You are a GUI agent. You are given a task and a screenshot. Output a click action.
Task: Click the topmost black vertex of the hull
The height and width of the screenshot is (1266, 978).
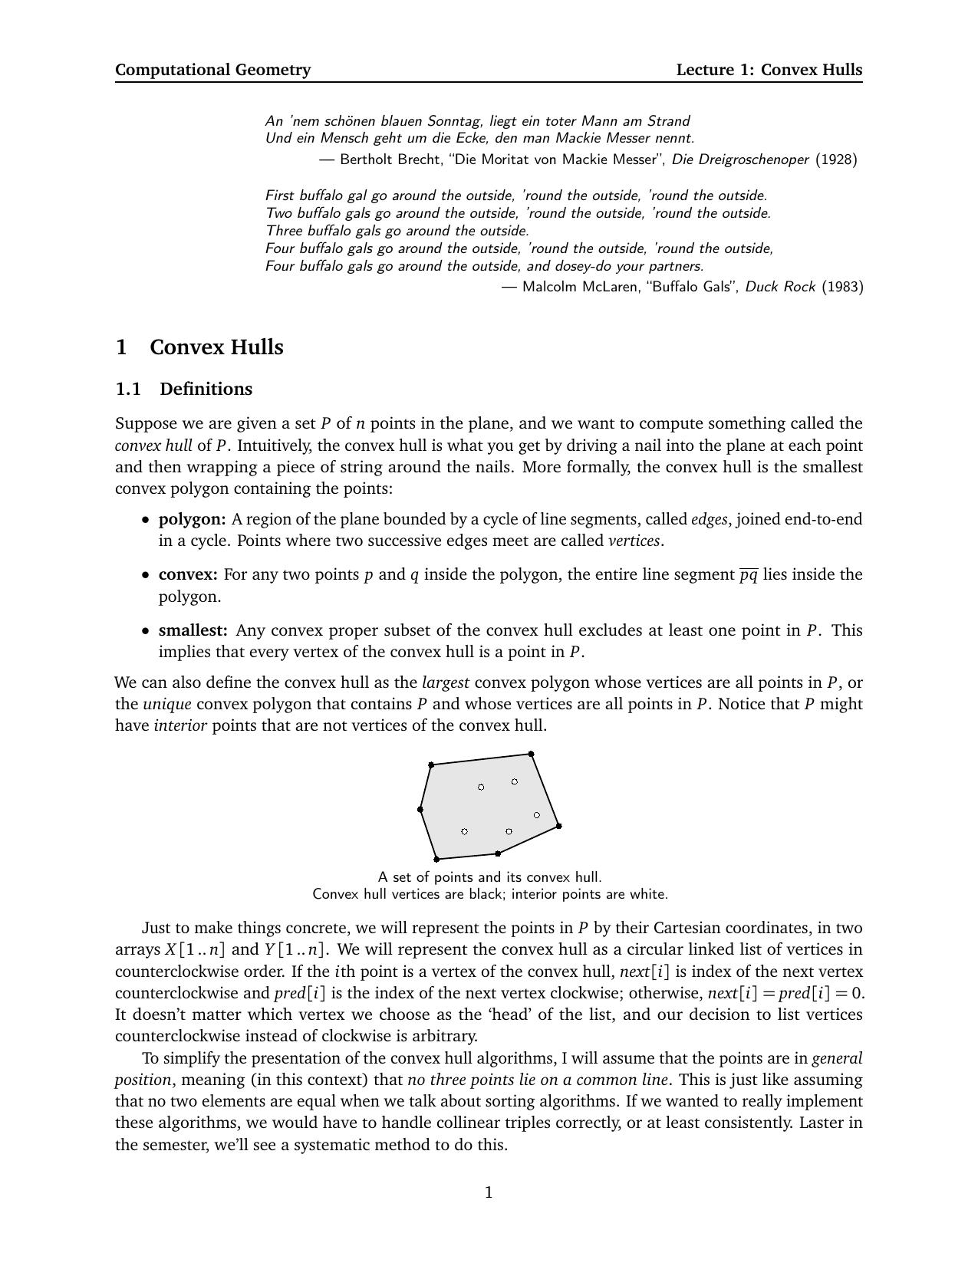coord(531,754)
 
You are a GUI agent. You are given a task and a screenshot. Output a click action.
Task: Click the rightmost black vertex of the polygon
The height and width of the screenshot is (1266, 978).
coord(558,826)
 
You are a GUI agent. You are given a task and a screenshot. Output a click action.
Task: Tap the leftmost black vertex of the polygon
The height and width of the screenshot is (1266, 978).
coord(420,809)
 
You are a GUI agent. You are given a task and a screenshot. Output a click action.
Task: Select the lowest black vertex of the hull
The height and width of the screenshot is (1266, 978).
coord(436,859)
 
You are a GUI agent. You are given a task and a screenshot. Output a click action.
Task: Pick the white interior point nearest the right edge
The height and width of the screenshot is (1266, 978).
coord(536,815)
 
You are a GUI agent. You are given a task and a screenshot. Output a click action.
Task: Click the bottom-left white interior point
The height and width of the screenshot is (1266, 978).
coord(464,831)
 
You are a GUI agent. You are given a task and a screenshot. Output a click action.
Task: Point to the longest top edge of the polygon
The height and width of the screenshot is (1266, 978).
coord(481,759)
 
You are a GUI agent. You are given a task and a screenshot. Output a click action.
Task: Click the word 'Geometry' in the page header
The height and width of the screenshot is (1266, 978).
coord(273,70)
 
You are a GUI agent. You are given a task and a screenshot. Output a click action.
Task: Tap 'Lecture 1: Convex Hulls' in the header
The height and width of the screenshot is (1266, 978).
coord(769,70)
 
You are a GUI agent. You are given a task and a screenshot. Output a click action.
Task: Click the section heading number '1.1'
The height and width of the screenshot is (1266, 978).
coord(128,389)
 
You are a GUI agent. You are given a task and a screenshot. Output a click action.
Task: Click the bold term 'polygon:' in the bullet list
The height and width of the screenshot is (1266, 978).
coord(192,519)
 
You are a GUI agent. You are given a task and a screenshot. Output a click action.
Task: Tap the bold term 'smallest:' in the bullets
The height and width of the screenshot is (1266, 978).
coord(193,630)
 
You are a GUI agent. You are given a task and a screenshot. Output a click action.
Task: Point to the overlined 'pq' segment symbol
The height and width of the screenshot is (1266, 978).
coord(748,575)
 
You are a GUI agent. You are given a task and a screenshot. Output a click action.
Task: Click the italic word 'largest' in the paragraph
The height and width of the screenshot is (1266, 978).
coord(445,682)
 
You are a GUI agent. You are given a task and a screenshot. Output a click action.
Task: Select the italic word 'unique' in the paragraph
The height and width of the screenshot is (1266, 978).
coord(166,704)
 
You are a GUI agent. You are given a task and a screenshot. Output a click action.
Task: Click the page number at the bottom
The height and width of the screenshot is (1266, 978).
coord(489,1192)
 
